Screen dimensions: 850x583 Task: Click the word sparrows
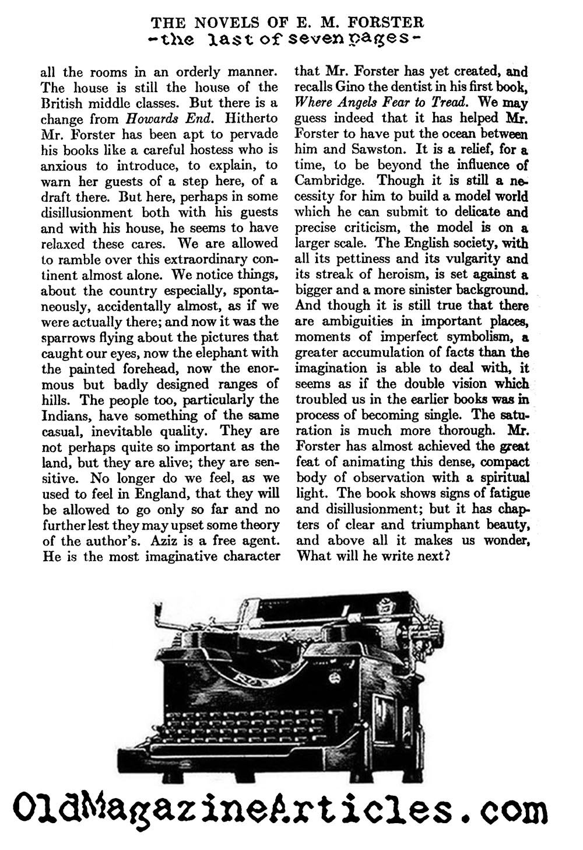coord(65,337)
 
